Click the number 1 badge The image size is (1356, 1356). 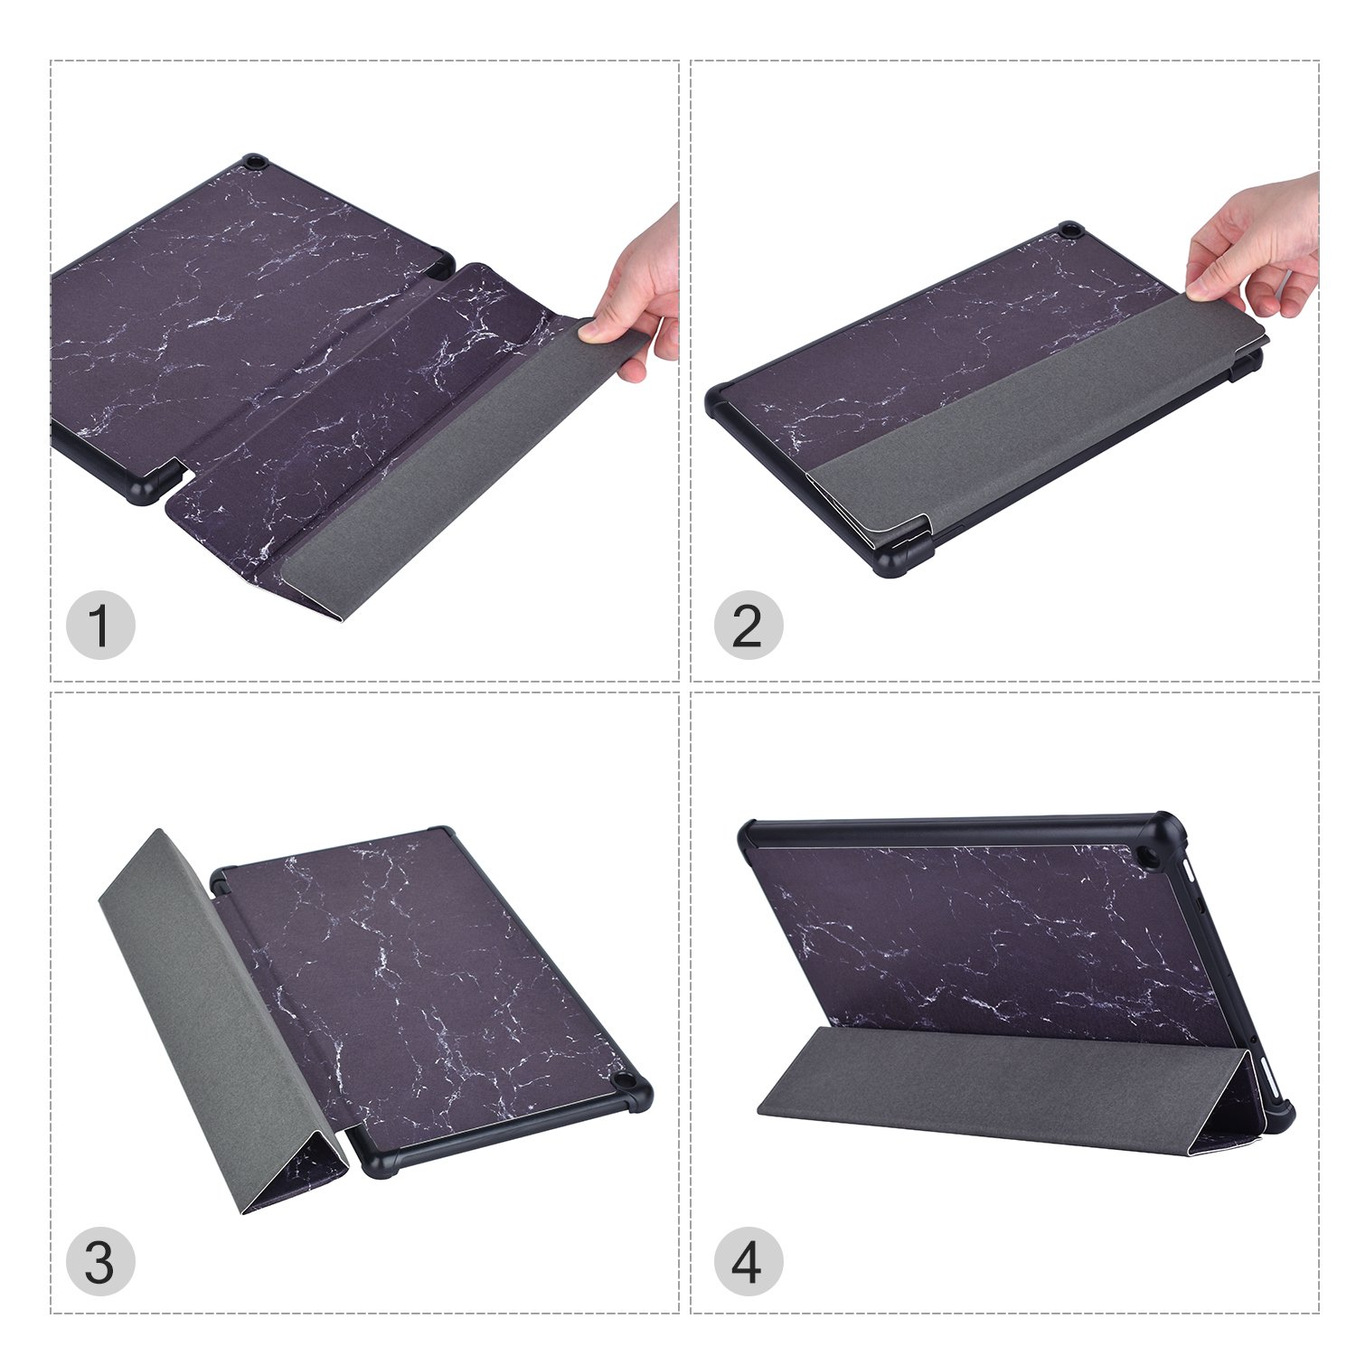click(x=100, y=626)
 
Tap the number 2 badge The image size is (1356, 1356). click(x=748, y=626)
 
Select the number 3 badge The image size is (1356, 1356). click(x=100, y=1262)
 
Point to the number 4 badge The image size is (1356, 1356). click(x=748, y=1262)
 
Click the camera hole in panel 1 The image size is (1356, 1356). click(x=254, y=164)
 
